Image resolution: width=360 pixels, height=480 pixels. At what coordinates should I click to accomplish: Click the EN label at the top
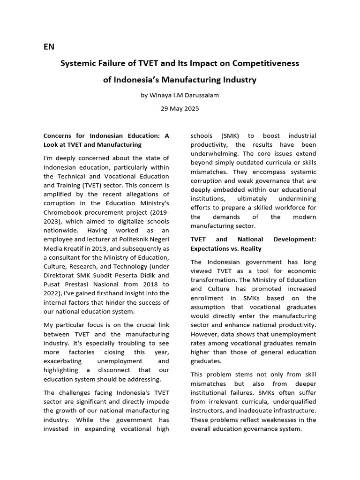point(49,46)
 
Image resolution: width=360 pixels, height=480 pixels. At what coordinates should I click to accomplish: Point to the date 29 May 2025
point(180,108)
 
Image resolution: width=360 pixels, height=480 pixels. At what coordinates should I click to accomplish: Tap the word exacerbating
point(62,361)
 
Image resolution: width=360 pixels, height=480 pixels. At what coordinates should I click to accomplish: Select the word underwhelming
point(213,154)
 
